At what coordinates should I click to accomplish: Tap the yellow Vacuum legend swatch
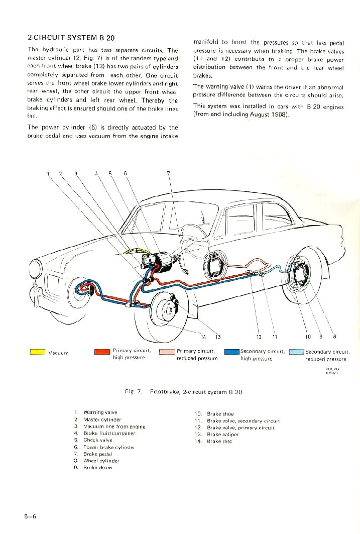coord(38,352)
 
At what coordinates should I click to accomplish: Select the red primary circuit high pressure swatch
coord(102,352)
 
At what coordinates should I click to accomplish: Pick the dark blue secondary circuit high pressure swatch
coord(231,352)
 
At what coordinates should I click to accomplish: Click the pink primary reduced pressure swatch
coord(167,352)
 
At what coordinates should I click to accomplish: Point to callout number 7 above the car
coord(169,174)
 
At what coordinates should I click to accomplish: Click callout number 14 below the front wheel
coord(203,337)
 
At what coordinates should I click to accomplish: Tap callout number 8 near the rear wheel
coord(334,337)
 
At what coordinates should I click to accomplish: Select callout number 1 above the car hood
coord(49,174)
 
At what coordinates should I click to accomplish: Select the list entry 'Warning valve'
coord(100,412)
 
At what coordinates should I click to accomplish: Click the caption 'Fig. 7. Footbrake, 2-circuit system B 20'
coord(183,392)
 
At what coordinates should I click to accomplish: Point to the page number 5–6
coord(30,516)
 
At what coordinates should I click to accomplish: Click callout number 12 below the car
coord(259,337)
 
